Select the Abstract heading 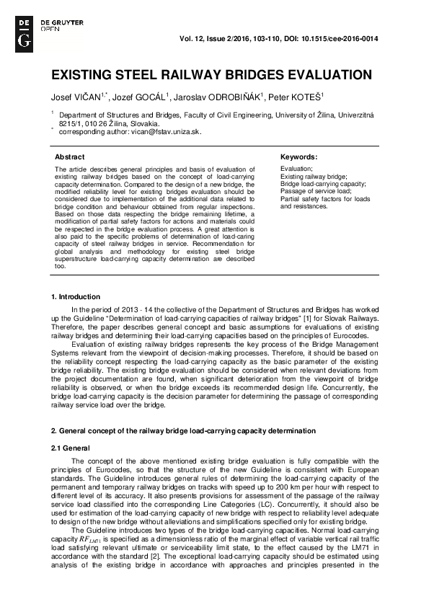(70, 156)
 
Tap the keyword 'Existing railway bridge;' (314, 176)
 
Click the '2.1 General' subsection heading (70, 448)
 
